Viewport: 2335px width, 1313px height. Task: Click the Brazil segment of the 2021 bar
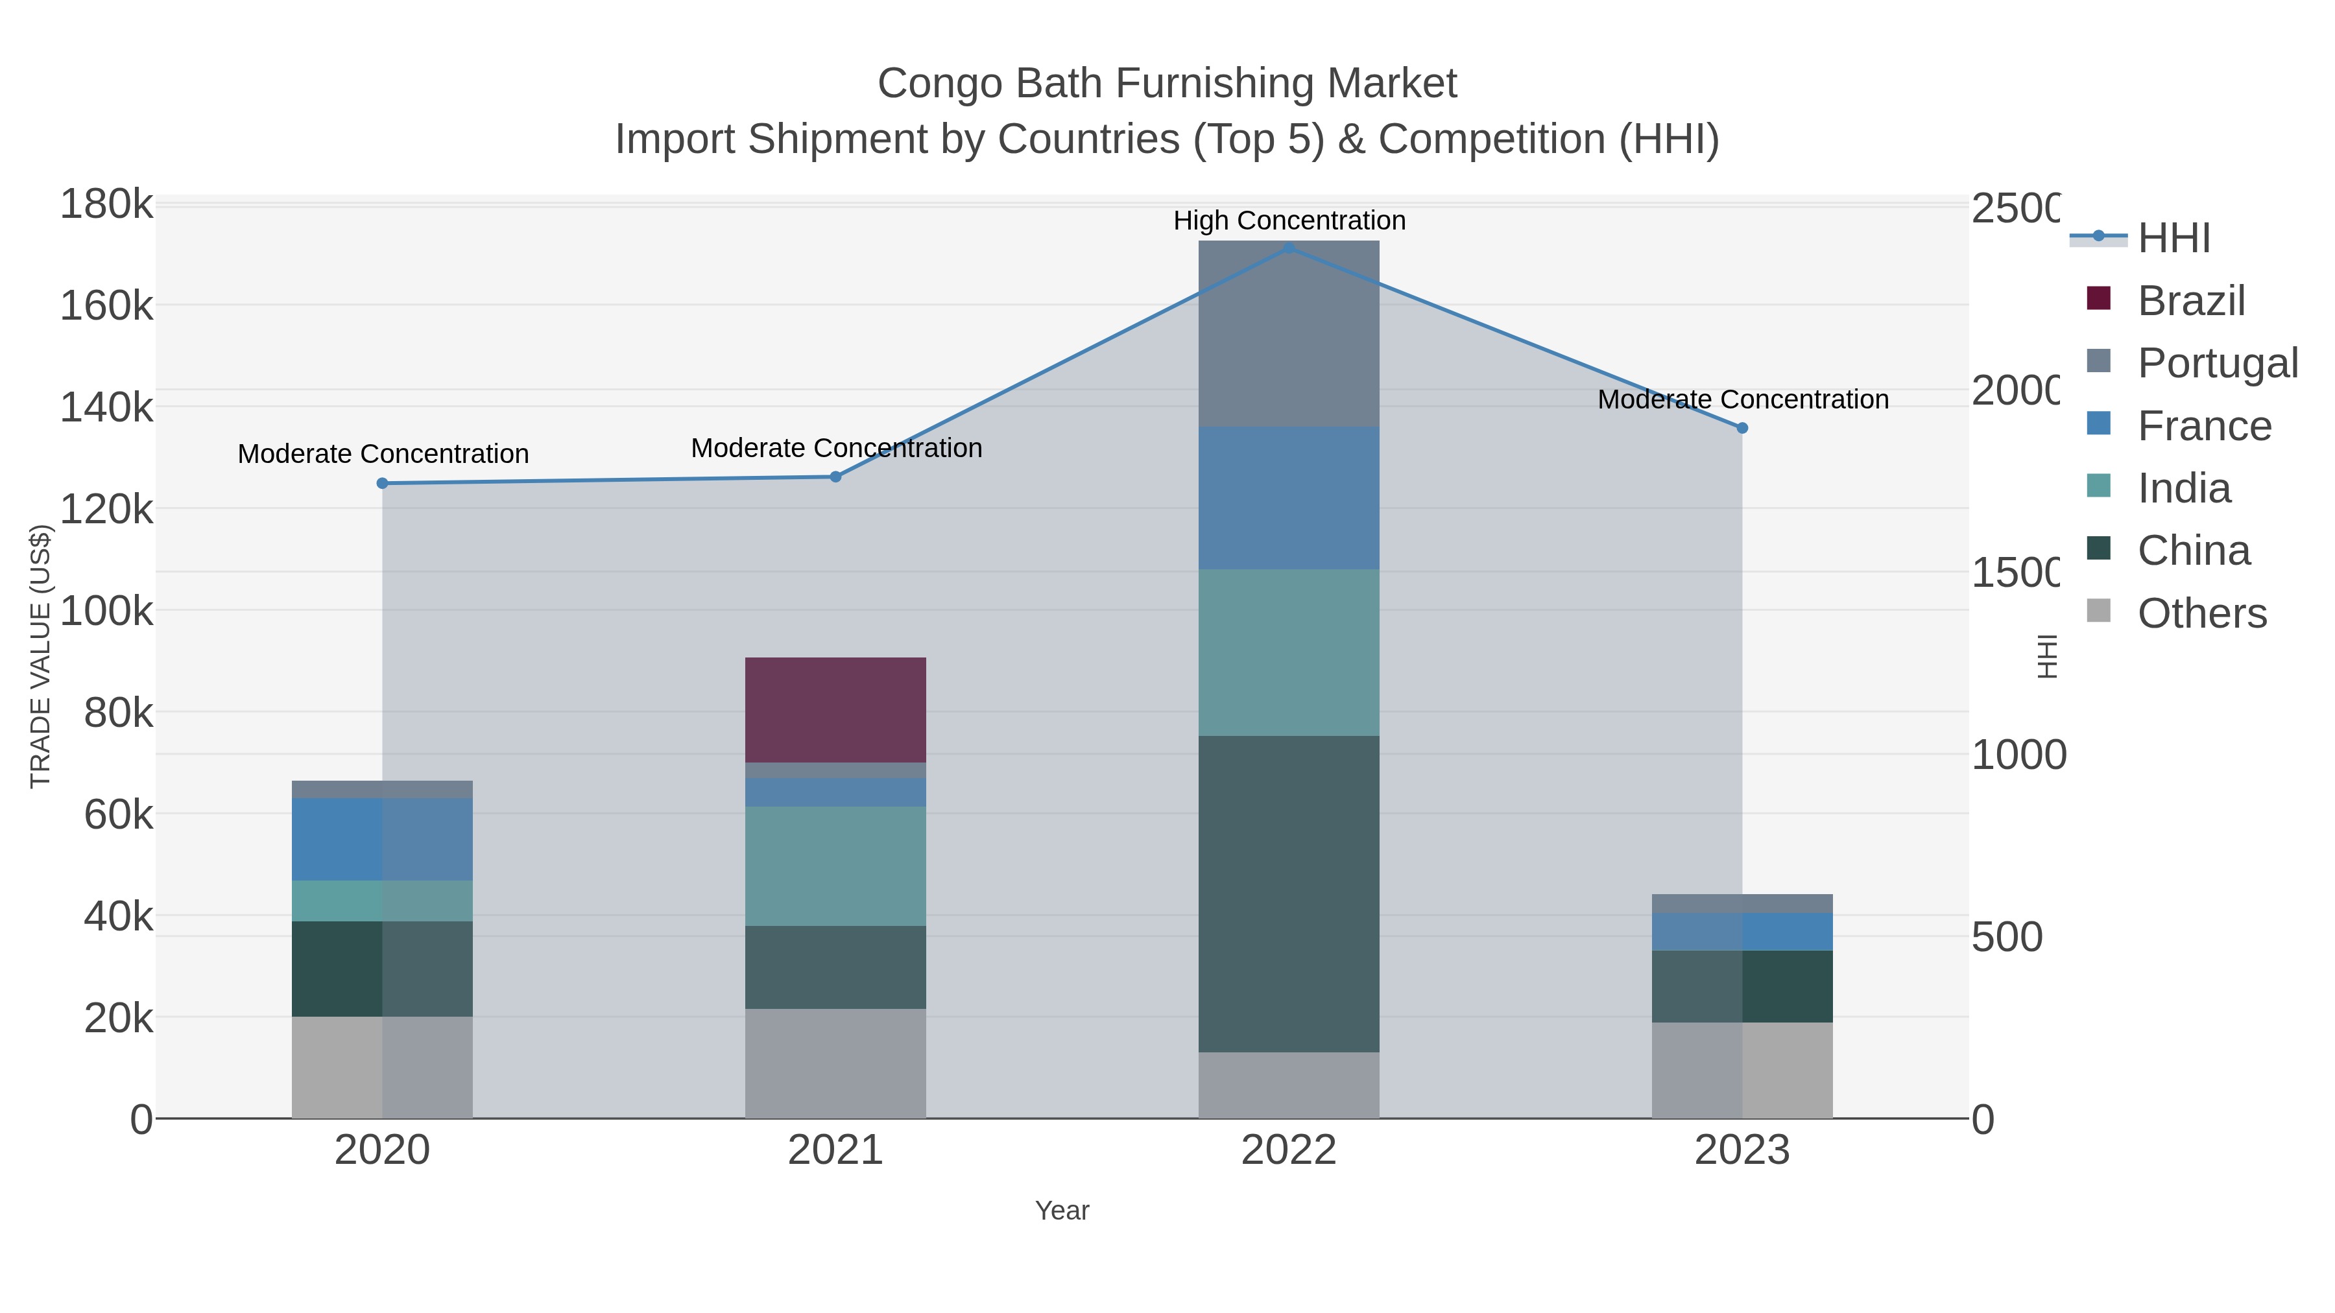pyautogui.click(x=835, y=709)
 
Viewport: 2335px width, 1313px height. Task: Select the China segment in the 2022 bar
pyautogui.click(x=1288, y=893)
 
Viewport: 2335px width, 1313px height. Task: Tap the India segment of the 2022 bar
pyautogui.click(x=1288, y=652)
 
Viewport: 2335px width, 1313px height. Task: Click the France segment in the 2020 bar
pyautogui.click(x=381, y=839)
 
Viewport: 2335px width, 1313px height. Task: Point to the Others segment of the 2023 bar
pyautogui.click(x=1742, y=1070)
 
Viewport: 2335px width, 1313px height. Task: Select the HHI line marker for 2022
pyautogui.click(x=1289, y=248)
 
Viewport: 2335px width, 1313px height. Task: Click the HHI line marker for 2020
pyautogui.click(x=381, y=483)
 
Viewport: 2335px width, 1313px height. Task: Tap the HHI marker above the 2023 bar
pyautogui.click(x=1742, y=428)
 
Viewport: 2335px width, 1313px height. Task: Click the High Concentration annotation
pyautogui.click(x=1288, y=220)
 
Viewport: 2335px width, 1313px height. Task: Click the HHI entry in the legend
pyautogui.click(x=2173, y=239)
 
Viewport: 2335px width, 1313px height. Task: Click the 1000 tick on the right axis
pyautogui.click(x=2018, y=755)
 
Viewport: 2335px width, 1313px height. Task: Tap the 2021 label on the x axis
pyautogui.click(x=835, y=1151)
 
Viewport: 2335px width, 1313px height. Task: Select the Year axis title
pyautogui.click(x=1061, y=1211)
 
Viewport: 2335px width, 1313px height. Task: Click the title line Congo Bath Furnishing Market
pyautogui.click(x=1167, y=84)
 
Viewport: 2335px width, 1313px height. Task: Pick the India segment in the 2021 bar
pyautogui.click(x=835, y=866)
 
